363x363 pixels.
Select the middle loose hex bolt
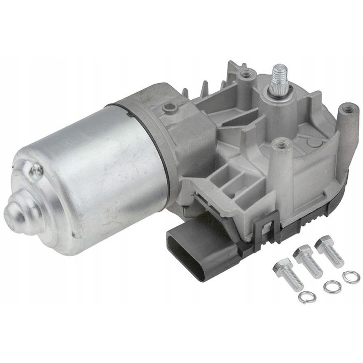point(308,261)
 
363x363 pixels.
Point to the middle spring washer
point(332,286)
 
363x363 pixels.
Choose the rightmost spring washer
point(351,276)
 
